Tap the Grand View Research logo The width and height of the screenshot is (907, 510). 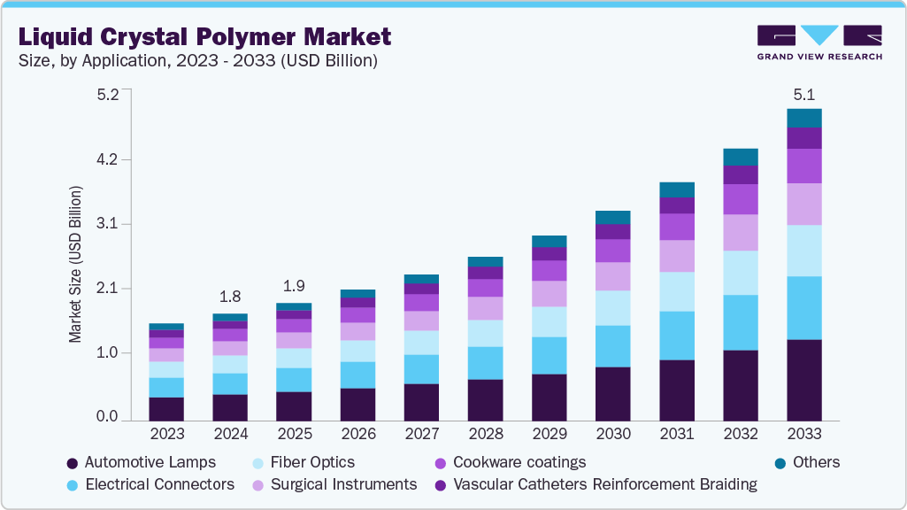click(819, 42)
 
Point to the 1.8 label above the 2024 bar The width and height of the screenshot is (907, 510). click(230, 296)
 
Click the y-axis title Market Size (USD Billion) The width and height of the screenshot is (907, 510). click(76, 266)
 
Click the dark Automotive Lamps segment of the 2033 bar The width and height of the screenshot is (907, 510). click(804, 379)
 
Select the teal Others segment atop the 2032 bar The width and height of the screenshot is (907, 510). click(741, 157)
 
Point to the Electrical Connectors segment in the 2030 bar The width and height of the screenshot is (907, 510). click(613, 345)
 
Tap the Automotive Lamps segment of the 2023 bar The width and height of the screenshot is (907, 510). click(166, 408)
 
